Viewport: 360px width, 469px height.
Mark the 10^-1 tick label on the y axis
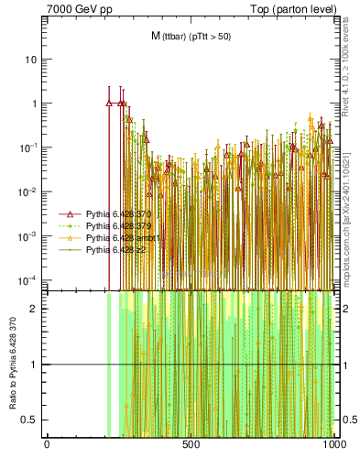[x=29, y=147]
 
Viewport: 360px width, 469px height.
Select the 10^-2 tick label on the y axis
[x=29, y=191]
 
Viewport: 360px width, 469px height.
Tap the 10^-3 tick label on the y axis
[x=29, y=235]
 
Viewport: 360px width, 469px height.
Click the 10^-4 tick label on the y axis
[x=29, y=279]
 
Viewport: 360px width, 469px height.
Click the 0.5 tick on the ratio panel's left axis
[x=32, y=420]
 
